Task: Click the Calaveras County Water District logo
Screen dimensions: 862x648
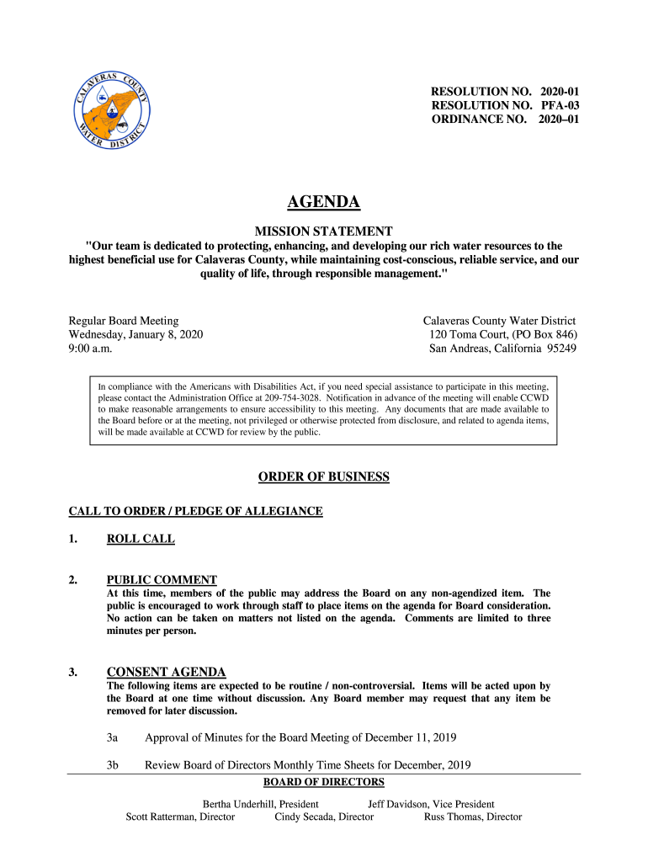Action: coord(111,111)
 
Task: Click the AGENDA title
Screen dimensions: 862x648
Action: coord(324,202)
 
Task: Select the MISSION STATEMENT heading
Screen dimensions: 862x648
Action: coord(324,230)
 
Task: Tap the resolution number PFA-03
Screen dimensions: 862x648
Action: coord(560,105)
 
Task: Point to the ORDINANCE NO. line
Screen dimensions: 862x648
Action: coord(505,120)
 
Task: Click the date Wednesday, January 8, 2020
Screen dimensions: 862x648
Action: coord(135,334)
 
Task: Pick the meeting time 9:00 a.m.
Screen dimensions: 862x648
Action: coord(90,349)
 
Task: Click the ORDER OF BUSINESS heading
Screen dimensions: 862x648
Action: coord(324,477)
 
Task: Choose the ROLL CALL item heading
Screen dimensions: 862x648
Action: coord(141,539)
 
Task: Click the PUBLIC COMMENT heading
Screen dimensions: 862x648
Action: coord(162,579)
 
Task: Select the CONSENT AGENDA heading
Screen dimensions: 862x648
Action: coord(166,672)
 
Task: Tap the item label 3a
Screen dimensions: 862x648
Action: coord(112,737)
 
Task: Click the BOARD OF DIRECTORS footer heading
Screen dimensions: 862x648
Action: coord(324,782)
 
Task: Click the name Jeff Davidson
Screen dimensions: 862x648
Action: coord(398,804)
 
